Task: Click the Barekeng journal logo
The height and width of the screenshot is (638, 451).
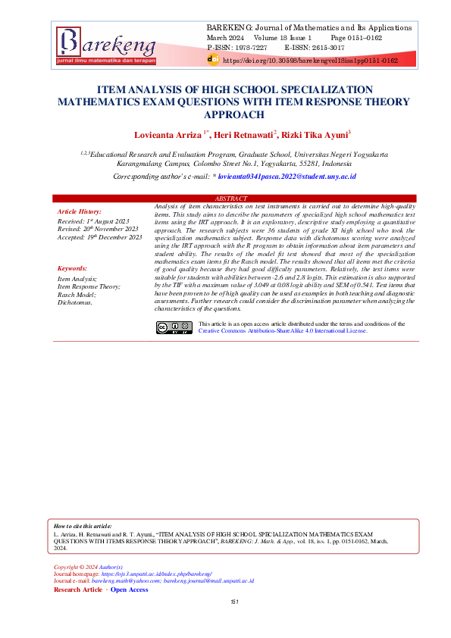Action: [106, 45]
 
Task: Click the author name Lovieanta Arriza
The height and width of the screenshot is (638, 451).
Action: [168, 135]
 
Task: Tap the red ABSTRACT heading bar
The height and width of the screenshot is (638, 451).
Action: [225, 199]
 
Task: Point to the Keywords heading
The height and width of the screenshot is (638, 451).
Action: [73, 268]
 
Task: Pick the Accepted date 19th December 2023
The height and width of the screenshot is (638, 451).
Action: [99, 237]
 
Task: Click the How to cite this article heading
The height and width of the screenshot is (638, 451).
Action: [83, 525]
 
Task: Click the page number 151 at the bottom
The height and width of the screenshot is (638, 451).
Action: [234, 602]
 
